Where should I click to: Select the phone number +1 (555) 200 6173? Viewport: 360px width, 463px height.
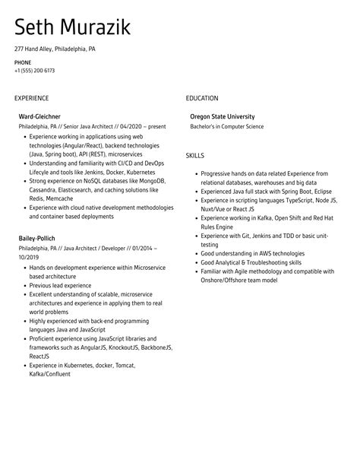34,70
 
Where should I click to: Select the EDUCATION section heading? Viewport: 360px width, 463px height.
201,98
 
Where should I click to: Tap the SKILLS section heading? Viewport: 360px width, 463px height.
194,155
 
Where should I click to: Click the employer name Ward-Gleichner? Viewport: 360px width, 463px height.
41,116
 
